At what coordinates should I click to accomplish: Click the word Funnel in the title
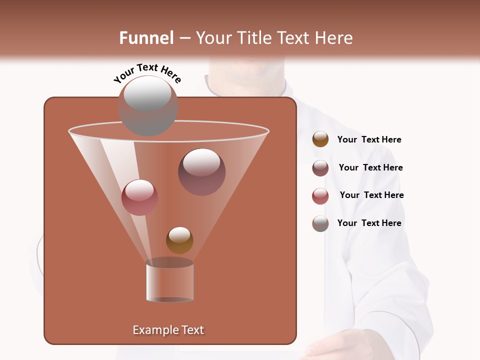[146, 38]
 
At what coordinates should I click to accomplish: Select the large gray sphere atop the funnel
[148, 105]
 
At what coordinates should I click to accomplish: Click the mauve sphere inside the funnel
[201, 172]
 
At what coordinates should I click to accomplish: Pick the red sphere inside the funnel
[139, 197]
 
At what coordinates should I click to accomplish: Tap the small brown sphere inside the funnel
[179, 240]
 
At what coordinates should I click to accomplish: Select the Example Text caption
[168, 330]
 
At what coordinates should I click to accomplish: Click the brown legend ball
[320, 139]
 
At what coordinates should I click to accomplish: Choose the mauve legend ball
[320, 167]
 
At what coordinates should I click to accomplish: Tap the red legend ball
[320, 195]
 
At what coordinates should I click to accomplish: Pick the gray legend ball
[320, 223]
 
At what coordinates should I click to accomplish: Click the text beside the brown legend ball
[369, 139]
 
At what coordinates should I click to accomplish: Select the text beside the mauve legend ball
[370, 167]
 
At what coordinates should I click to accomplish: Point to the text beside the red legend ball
[371, 195]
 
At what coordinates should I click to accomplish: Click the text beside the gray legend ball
[369, 223]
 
